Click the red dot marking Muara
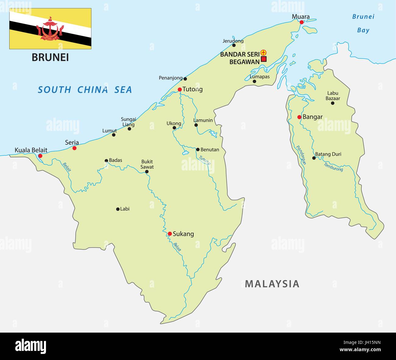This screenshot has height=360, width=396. click(301, 22)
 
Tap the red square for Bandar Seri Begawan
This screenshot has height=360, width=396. click(264, 59)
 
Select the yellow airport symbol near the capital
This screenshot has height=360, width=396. click(264, 53)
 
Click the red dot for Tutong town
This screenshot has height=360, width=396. click(180, 89)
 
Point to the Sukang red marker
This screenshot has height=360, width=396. click(170, 234)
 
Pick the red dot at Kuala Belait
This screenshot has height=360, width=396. click(40, 156)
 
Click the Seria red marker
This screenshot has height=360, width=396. click(74, 148)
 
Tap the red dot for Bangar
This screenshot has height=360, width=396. click(299, 117)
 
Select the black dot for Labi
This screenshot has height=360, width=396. click(118, 209)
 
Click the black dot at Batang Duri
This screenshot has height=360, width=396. click(314, 158)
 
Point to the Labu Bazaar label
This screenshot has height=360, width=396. click(333, 96)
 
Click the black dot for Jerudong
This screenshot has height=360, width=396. click(234, 45)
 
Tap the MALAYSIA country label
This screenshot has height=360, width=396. click(272, 284)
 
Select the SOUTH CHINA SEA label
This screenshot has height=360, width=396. click(85, 90)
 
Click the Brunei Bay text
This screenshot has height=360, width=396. click(363, 23)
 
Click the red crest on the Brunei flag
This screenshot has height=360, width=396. click(50, 30)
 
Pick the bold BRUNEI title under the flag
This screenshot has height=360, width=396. click(50, 57)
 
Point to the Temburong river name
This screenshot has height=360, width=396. click(333, 167)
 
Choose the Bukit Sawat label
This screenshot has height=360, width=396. click(147, 164)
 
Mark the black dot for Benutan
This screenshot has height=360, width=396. click(198, 149)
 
